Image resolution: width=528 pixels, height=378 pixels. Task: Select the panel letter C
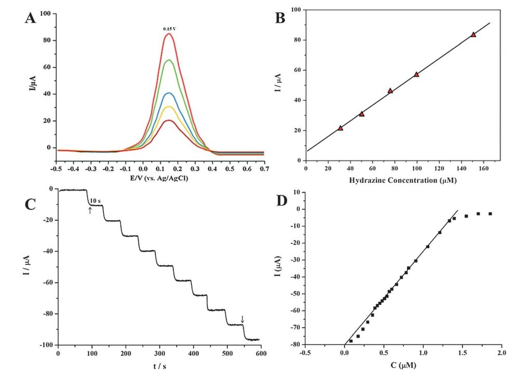[x=32, y=204]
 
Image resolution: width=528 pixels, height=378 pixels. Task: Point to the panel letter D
[x=282, y=200]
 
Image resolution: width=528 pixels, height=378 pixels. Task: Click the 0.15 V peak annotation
[x=169, y=29]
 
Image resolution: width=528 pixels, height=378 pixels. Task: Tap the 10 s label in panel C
[x=94, y=200]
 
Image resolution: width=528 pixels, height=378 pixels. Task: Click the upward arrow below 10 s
[x=90, y=210]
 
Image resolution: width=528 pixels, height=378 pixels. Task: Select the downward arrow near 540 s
[x=242, y=318]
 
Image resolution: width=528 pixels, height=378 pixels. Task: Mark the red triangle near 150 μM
[x=473, y=35]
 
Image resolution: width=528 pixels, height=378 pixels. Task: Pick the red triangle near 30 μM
[x=340, y=128]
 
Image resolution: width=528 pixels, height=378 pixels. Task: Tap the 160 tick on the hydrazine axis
[x=483, y=168]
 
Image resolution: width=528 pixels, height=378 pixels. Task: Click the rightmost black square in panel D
[x=490, y=213]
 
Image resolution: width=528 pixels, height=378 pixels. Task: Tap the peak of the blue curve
[x=169, y=93]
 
